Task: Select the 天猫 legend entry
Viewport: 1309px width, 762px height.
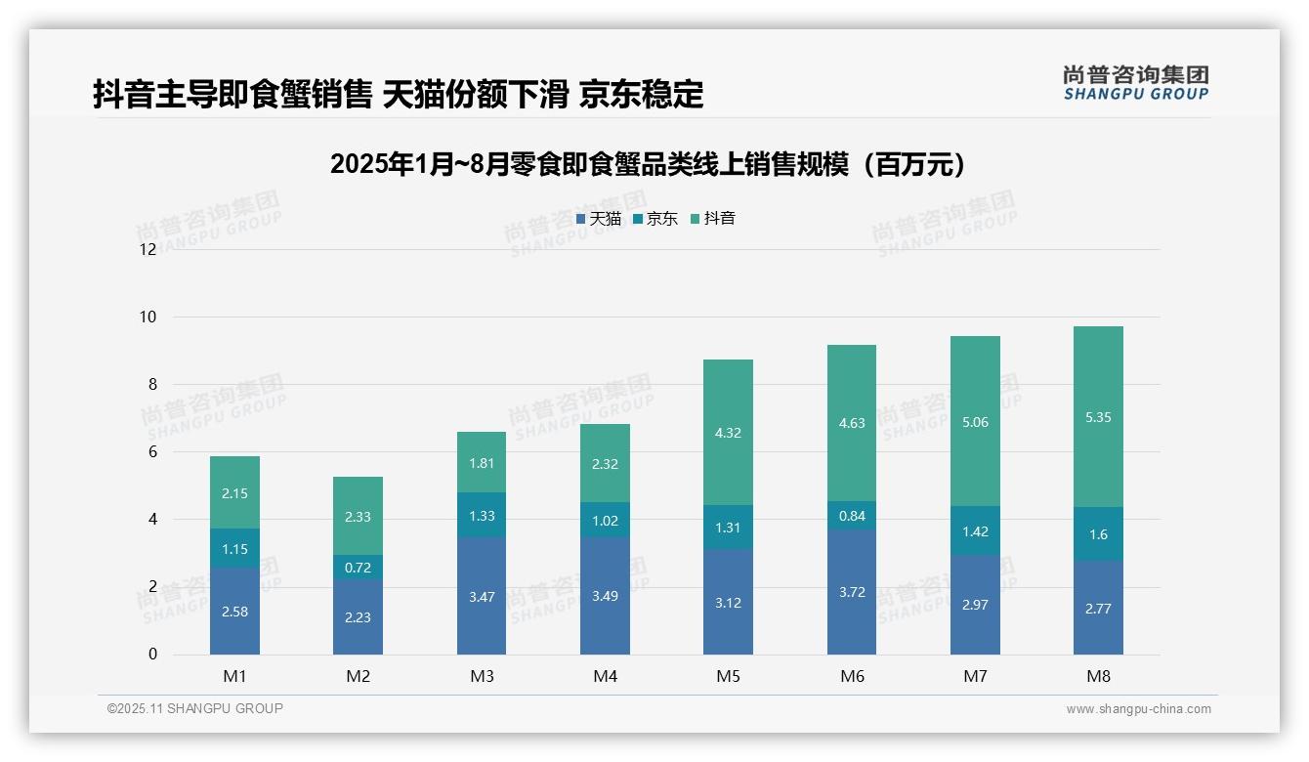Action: [599, 219]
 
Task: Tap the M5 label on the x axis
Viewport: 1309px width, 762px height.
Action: [728, 676]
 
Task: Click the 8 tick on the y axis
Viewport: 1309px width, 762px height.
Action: [151, 384]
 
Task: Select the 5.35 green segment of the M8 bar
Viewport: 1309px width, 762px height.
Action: [1098, 417]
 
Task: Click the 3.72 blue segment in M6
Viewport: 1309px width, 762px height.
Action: [851, 592]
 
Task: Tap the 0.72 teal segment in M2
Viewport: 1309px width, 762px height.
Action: [358, 568]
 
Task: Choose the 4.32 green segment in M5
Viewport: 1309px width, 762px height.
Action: [728, 433]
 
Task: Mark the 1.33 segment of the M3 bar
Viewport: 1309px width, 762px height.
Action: [481, 516]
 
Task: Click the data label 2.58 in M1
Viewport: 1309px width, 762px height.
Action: [234, 611]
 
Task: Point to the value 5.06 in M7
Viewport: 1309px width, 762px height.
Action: [975, 423]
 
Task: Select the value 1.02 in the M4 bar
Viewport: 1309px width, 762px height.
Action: [605, 521]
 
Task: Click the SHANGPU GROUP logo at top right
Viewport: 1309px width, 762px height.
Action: [1135, 82]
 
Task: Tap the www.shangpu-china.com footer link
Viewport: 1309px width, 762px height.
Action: [1138, 709]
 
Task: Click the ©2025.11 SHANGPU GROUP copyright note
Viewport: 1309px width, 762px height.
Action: [195, 709]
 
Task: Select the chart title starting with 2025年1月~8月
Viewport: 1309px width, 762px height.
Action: [648, 164]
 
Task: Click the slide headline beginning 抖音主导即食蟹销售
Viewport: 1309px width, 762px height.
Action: [398, 94]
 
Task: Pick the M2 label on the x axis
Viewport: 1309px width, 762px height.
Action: [358, 676]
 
